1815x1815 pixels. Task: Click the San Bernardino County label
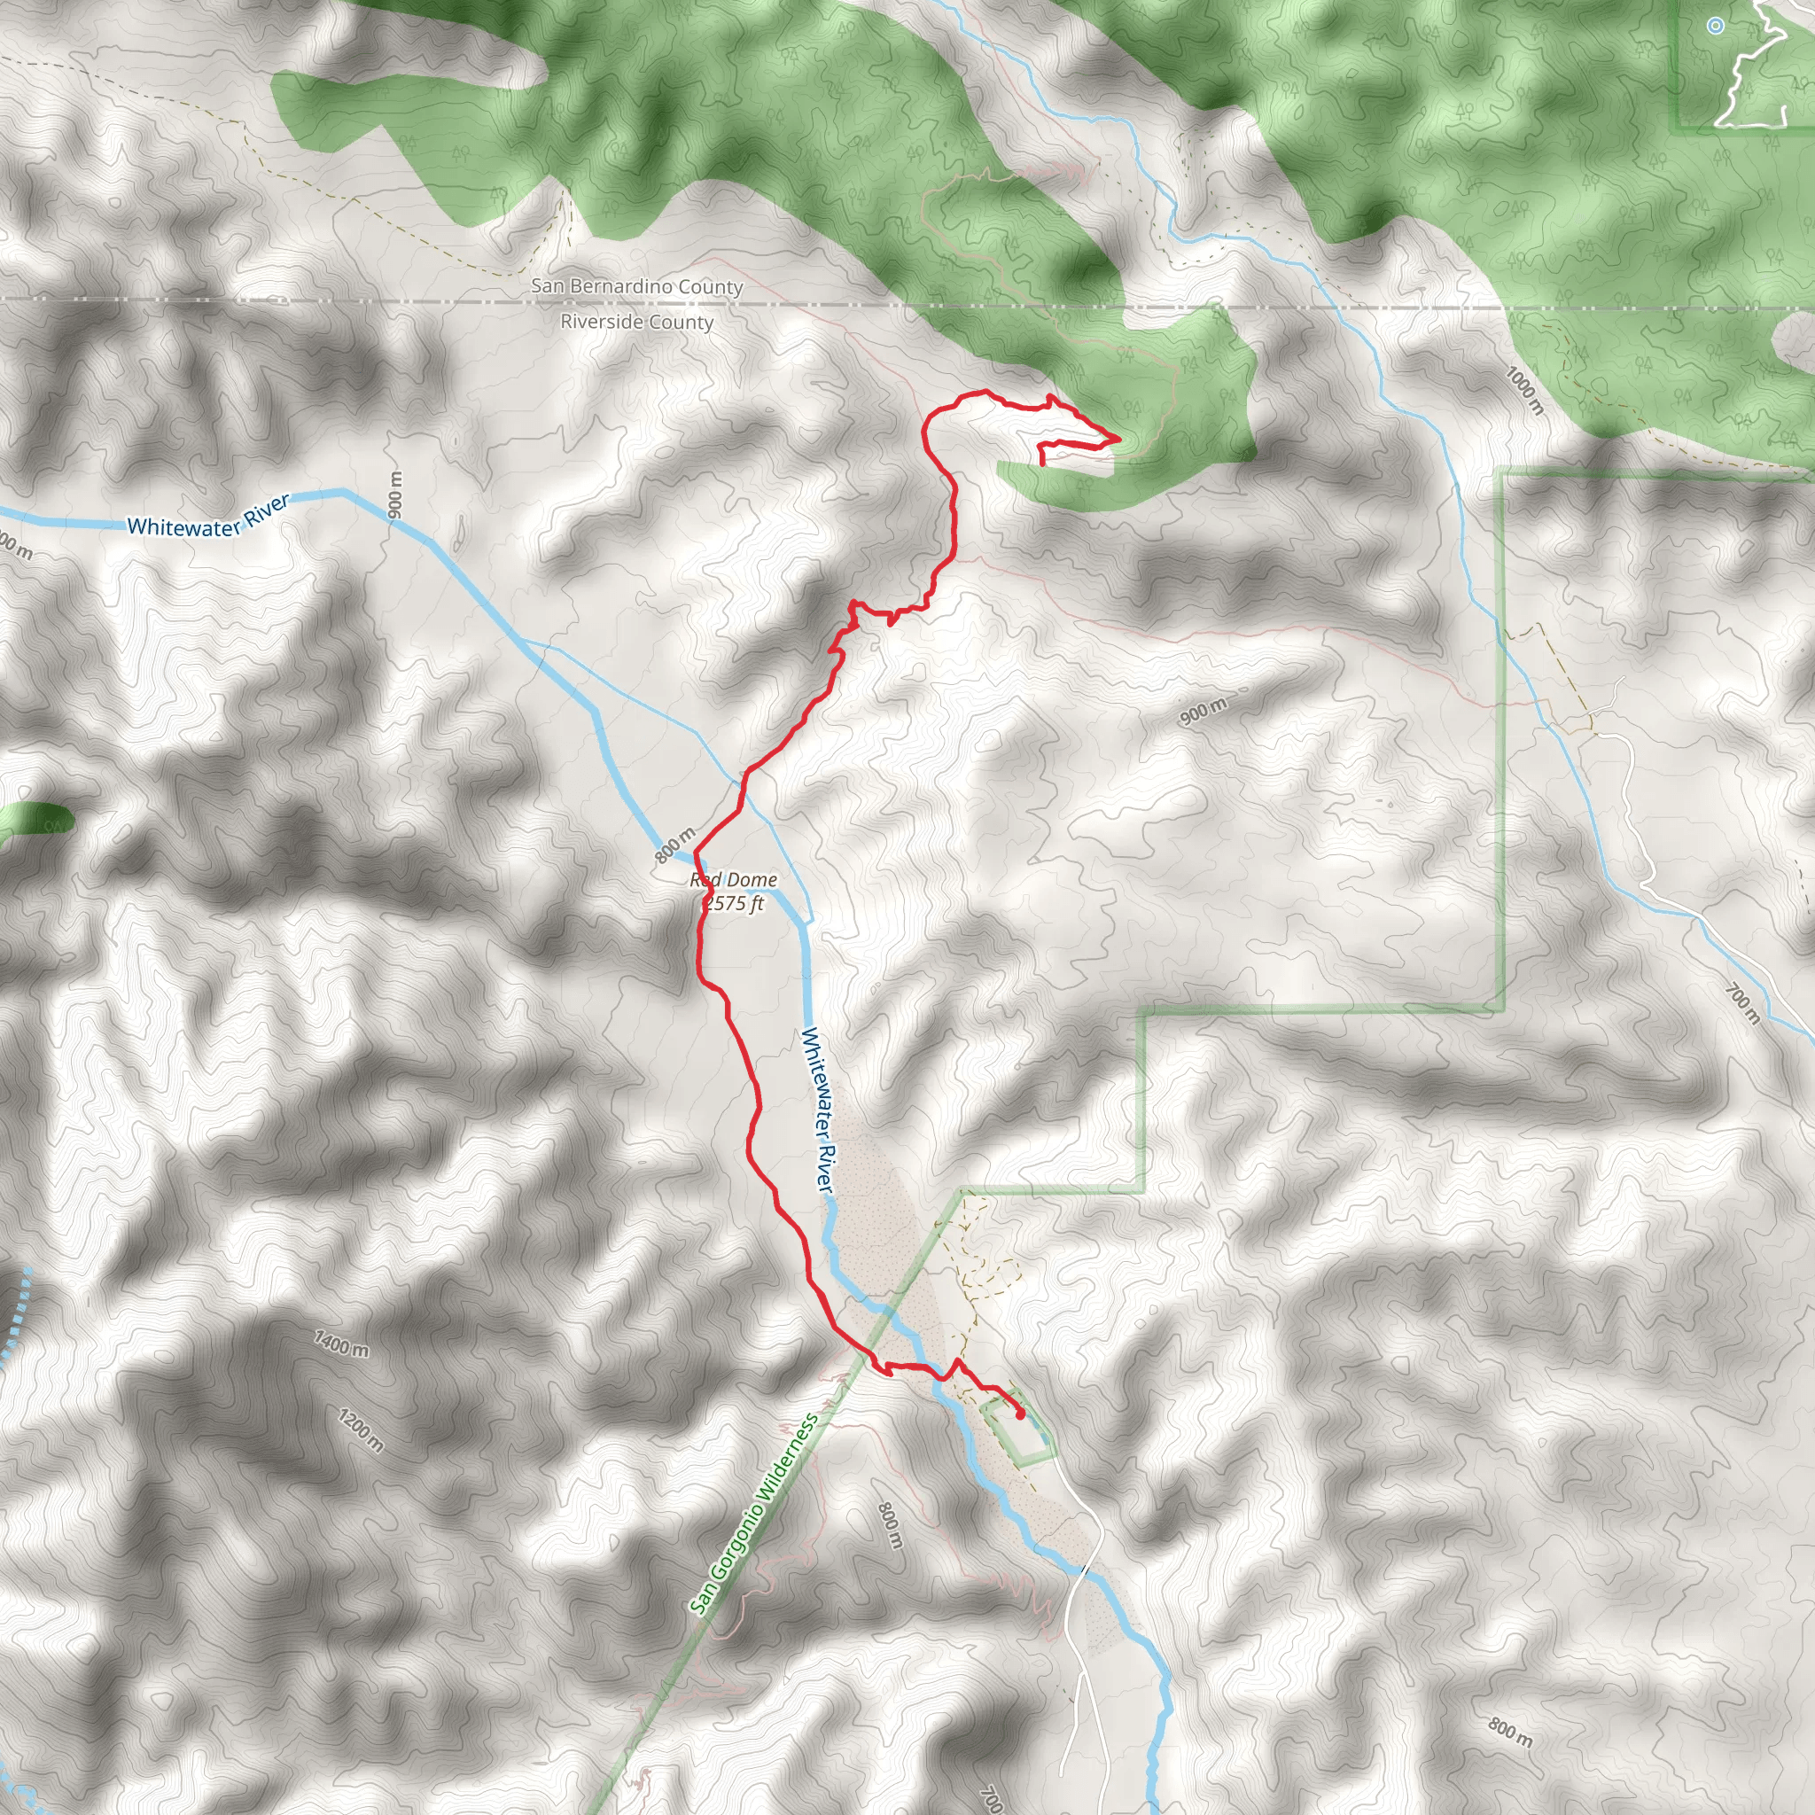(x=637, y=285)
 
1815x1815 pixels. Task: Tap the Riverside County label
(x=637, y=323)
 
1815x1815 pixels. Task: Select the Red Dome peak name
(x=734, y=880)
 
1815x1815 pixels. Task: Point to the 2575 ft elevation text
(x=736, y=904)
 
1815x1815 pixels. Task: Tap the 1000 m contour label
(x=1523, y=391)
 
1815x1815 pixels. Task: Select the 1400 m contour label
(x=342, y=1344)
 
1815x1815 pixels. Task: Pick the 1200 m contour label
(x=362, y=1429)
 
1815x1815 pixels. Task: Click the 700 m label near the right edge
(x=1742, y=1003)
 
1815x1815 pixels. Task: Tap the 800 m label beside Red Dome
(x=674, y=845)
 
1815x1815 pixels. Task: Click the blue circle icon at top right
(x=1716, y=27)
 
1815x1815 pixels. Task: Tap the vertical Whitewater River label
(x=817, y=1110)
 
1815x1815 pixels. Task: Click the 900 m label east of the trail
(x=1204, y=713)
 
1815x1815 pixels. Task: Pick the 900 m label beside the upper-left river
(x=395, y=495)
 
